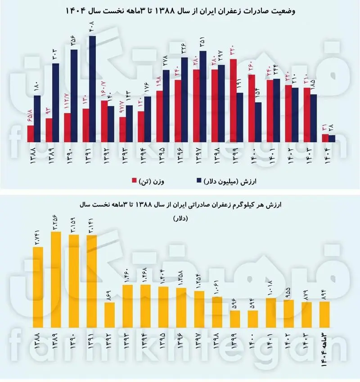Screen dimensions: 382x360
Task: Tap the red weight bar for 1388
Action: coord(31,133)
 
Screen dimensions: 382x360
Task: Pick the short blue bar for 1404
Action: coord(332,138)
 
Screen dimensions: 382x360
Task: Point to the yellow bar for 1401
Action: coord(271,313)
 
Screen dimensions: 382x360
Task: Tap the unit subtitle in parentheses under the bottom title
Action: coord(180,218)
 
